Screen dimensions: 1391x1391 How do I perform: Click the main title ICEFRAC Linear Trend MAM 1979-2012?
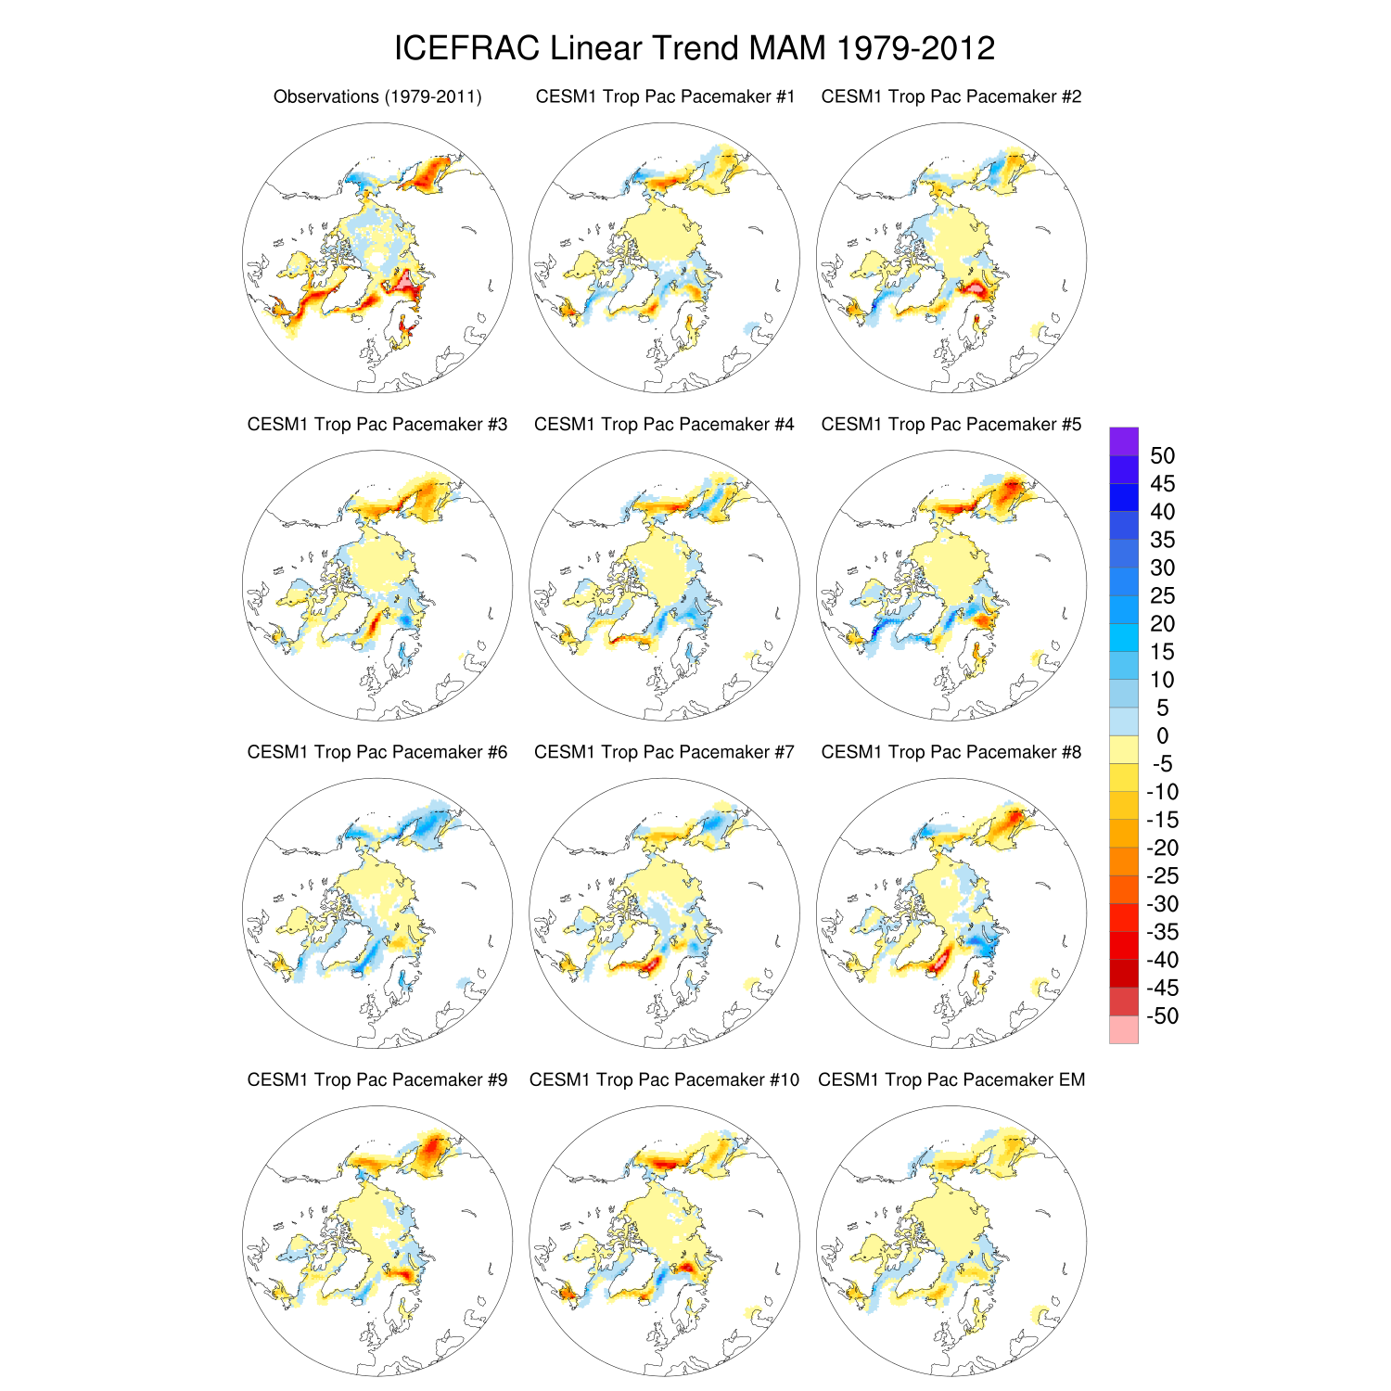tap(695, 48)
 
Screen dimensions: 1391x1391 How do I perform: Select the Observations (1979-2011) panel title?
tap(377, 96)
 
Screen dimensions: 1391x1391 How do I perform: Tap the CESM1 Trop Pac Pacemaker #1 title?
tap(665, 96)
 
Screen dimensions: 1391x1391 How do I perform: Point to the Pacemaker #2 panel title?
tap(951, 96)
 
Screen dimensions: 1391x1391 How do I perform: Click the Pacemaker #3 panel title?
tap(377, 424)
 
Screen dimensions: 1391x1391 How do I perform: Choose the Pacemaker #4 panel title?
tap(664, 424)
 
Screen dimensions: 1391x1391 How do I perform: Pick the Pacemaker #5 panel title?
tap(951, 424)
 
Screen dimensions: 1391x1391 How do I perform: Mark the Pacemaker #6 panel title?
tap(377, 752)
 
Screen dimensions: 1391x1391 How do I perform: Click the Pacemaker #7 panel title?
tap(664, 752)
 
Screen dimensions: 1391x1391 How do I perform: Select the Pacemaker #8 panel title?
tap(951, 752)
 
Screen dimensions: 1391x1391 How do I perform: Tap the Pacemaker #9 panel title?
tap(377, 1079)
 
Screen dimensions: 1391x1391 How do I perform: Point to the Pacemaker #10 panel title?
tap(664, 1079)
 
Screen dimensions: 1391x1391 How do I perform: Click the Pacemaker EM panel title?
tap(951, 1079)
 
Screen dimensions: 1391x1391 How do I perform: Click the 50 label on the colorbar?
tap(1162, 455)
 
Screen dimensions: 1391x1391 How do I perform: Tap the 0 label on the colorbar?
tap(1162, 735)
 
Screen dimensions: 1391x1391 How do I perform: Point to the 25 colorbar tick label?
tap(1162, 595)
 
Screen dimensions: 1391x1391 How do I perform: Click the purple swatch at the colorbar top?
tap(1123, 441)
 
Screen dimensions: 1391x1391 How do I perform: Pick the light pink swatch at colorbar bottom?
tap(1123, 1029)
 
